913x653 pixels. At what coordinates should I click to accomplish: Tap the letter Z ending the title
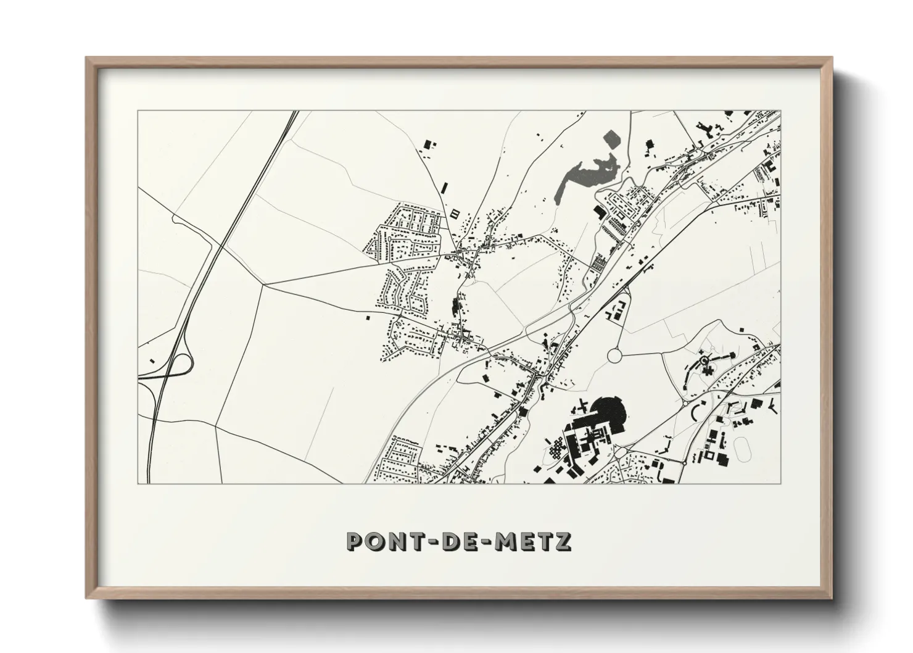[562, 541]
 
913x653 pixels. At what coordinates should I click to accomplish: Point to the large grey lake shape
[586, 173]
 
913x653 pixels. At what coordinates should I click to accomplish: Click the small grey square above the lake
[612, 138]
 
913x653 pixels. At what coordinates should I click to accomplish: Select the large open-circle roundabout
[616, 356]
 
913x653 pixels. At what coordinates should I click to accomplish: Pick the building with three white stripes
[455, 214]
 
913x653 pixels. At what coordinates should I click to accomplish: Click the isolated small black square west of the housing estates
[368, 318]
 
